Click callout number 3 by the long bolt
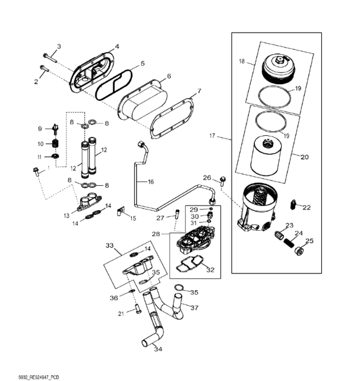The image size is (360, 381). pos(59,46)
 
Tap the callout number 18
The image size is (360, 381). pos(242,61)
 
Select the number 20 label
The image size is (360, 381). pos(305,157)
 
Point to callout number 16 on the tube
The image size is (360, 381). pos(150,182)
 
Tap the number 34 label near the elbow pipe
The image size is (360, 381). pos(158,350)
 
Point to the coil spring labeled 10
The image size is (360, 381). pos(55,144)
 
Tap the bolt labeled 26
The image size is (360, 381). pos(223,180)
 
